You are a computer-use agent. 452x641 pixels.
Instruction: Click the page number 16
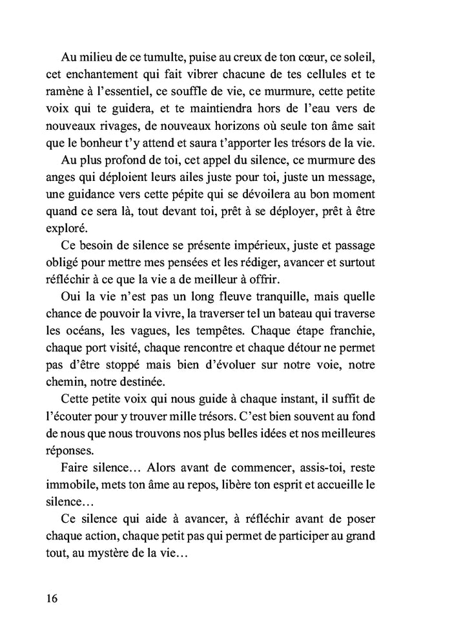tap(52, 598)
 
